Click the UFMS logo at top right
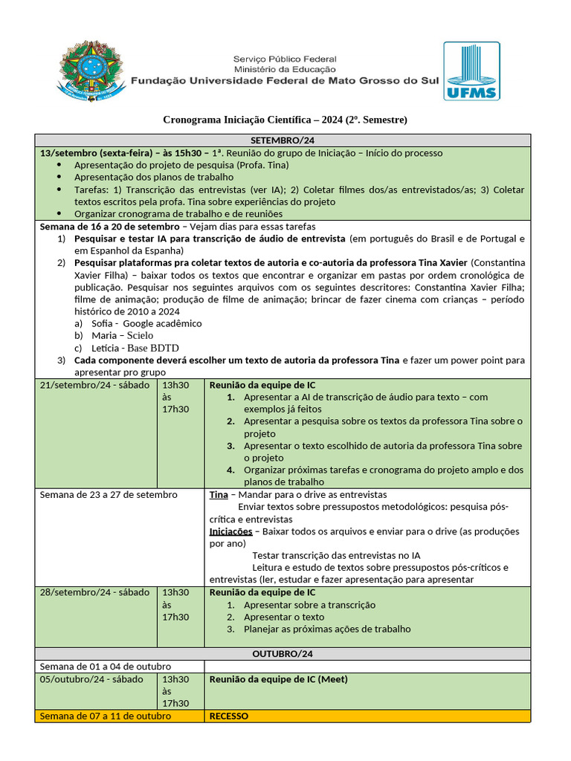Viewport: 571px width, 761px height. pyautogui.click(x=471, y=71)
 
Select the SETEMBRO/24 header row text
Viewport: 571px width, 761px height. pyautogui.click(x=282, y=140)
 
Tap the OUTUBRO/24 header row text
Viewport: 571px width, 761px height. pyautogui.click(x=282, y=654)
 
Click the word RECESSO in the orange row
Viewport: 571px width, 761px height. pyautogui.click(x=229, y=716)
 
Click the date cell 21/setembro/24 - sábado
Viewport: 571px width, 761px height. pyautogui.click(x=94, y=386)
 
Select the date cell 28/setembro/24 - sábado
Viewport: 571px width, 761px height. pyautogui.click(x=94, y=593)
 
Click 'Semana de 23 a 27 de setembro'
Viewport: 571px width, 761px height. pyautogui.click(x=109, y=495)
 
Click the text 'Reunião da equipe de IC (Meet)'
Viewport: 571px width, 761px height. pyautogui.click(x=279, y=679)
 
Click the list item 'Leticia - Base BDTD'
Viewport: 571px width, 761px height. pyautogui.click(x=135, y=348)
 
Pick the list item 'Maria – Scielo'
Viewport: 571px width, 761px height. pyautogui.click(x=123, y=336)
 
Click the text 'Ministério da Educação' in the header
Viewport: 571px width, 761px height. pyautogui.click(x=285, y=69)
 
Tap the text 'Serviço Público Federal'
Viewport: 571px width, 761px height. pyautogui.click(x=285, y=59)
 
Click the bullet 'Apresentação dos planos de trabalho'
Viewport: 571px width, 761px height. pyautogui.click(x=154, y=178)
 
